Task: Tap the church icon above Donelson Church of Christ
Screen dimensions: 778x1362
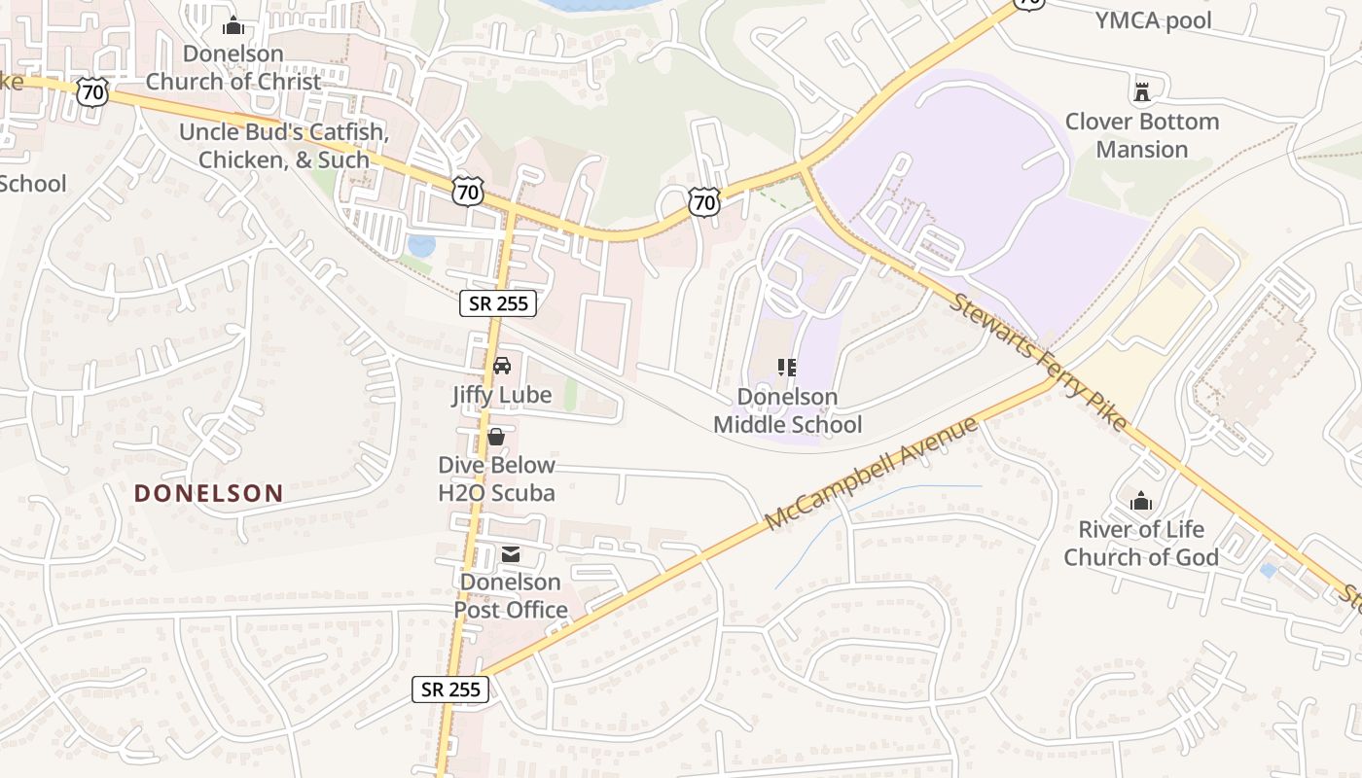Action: pos(233,25)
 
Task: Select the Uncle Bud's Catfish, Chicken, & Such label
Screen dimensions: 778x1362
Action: pos(284,146)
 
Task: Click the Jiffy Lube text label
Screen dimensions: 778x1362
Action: pos(501,395)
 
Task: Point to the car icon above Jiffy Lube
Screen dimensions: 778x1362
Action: pos(502,366)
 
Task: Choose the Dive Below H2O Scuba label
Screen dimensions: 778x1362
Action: pos(496,478)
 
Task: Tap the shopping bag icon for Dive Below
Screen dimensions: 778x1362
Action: pos(496,437)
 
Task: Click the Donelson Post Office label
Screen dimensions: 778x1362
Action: pos(511,596)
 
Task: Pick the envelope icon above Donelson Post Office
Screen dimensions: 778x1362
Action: pos(511,554)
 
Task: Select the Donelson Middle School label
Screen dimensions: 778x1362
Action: pos(788,410)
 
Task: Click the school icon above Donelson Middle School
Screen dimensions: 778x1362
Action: pos(787,368)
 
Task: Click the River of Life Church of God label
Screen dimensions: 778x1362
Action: pos(1141,544)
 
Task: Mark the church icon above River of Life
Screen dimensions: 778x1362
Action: pos(1141,502)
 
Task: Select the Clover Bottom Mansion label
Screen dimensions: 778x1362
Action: pos(1142,135)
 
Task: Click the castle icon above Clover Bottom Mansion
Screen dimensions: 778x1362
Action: pos(1142,92)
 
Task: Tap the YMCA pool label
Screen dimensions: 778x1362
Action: pos(1154,20)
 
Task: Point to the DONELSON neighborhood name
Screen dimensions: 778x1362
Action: pos(209,493)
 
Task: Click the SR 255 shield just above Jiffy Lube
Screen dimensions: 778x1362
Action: pos(498,303)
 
